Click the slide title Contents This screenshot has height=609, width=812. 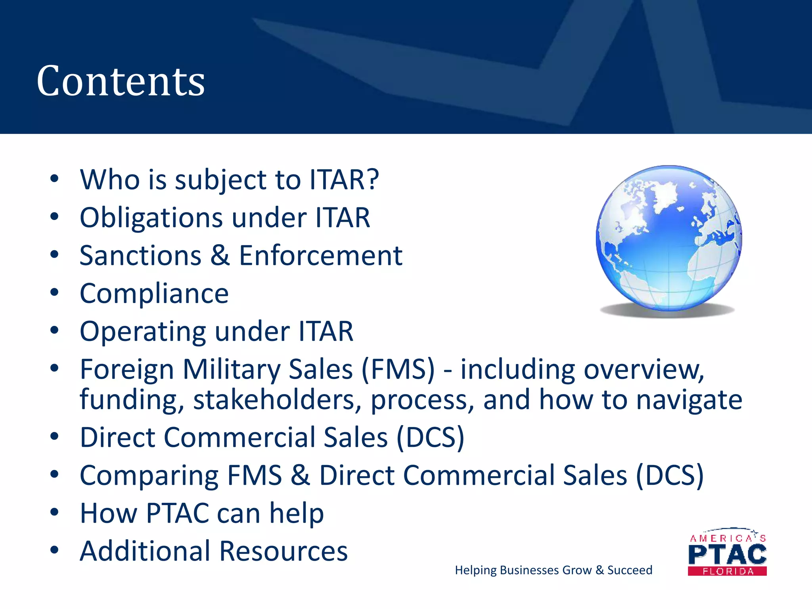[x=121, y=81]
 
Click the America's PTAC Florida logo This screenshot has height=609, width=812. [x=727, y=552]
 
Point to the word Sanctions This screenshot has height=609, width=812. [x=140, y=256]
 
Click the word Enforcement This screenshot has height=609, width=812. [x=320, y=256]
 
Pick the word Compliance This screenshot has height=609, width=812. [x=154, y=294]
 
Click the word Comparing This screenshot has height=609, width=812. [x=149, y=475]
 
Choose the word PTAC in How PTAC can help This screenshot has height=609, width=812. [x=177, y=513]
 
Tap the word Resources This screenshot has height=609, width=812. [x=283, y=551]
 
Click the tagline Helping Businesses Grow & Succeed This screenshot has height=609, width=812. [x=553, y=570]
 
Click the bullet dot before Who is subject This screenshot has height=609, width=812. [x=54, y=178]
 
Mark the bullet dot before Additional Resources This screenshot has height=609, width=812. [x=54, y=550]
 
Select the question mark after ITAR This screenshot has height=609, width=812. [x=372, y=179]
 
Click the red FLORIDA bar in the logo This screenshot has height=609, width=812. [x=727, y=571]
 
